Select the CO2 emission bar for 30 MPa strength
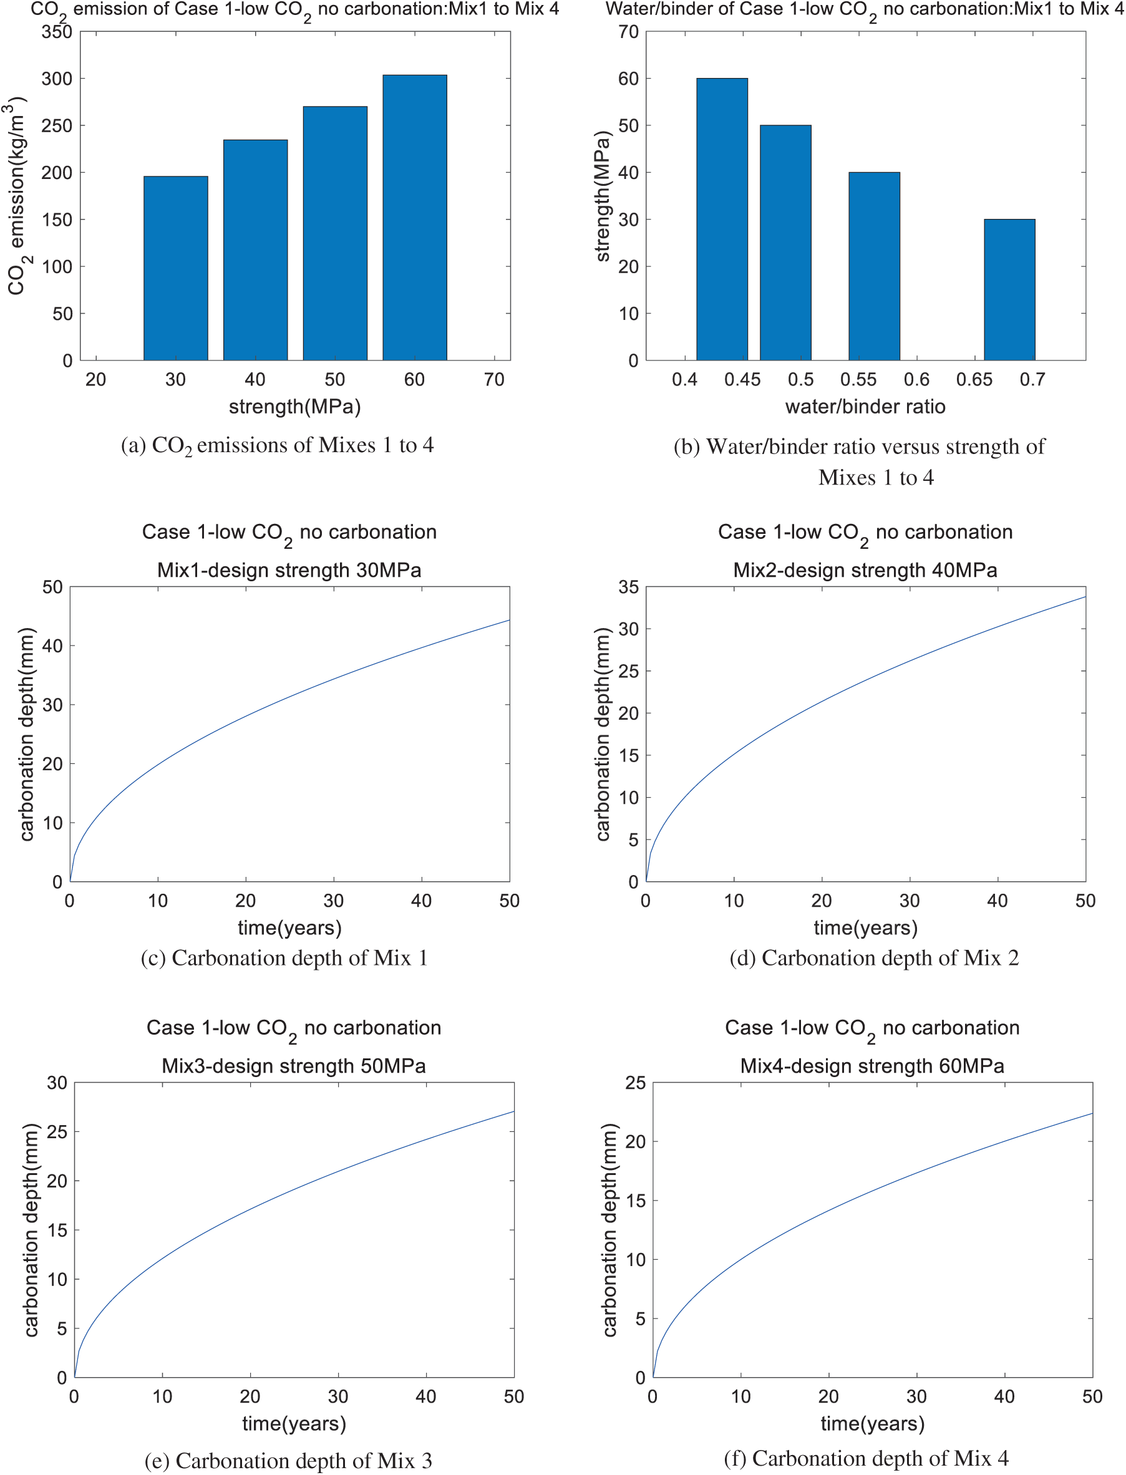tap(175, 268)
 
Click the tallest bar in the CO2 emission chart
tap(414, 218)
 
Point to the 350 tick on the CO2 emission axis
tap(57, 32)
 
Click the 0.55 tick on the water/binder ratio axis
tap(858, 379)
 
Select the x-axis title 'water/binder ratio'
tap(865, 407)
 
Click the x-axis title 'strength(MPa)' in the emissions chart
tap(295, 407)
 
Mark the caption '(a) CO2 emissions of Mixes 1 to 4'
tap(277, 446)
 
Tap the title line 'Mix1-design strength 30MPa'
tap(289, 570)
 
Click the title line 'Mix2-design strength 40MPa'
tap(865, 570)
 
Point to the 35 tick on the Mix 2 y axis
tap(628, 587)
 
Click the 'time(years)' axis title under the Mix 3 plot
tap(294, 1423)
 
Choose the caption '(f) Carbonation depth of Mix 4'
tap(865, 1458)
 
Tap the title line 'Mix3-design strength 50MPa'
tap(294, 1066)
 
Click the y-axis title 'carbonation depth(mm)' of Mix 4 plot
tap(609, 1230)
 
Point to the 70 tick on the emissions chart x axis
tap(494, 379)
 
